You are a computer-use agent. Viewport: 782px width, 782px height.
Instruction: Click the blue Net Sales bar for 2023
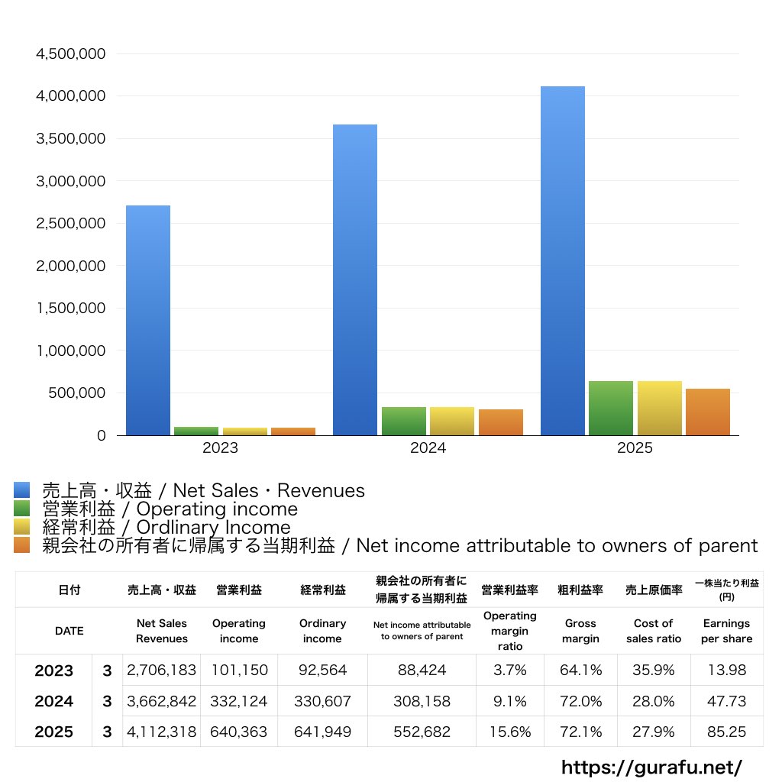148,321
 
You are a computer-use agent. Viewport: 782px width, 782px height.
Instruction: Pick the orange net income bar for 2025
708,412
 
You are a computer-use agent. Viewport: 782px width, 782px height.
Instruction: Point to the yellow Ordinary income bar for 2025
660,409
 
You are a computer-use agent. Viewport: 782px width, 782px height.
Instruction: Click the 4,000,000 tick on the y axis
71,96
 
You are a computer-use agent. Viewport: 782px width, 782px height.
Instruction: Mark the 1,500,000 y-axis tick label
71,309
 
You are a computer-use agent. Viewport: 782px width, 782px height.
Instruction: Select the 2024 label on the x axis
428,448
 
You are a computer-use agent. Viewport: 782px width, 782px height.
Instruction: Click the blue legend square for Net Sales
21,490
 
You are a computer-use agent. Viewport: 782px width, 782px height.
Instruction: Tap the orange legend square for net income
21,545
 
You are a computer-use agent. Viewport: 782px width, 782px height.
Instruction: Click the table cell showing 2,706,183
162,671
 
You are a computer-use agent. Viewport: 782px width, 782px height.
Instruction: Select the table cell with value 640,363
239,732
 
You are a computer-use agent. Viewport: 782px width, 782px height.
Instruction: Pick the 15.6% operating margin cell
510,732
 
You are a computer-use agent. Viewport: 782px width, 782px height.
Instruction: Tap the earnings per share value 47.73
726,701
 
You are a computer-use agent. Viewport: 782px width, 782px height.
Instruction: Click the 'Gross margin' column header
580,631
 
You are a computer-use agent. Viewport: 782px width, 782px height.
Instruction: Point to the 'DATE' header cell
69,631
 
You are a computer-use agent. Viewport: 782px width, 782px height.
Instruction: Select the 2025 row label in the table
53,732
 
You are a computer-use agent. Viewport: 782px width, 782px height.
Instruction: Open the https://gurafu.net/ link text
651,767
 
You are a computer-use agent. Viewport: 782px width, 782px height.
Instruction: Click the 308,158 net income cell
422,701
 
